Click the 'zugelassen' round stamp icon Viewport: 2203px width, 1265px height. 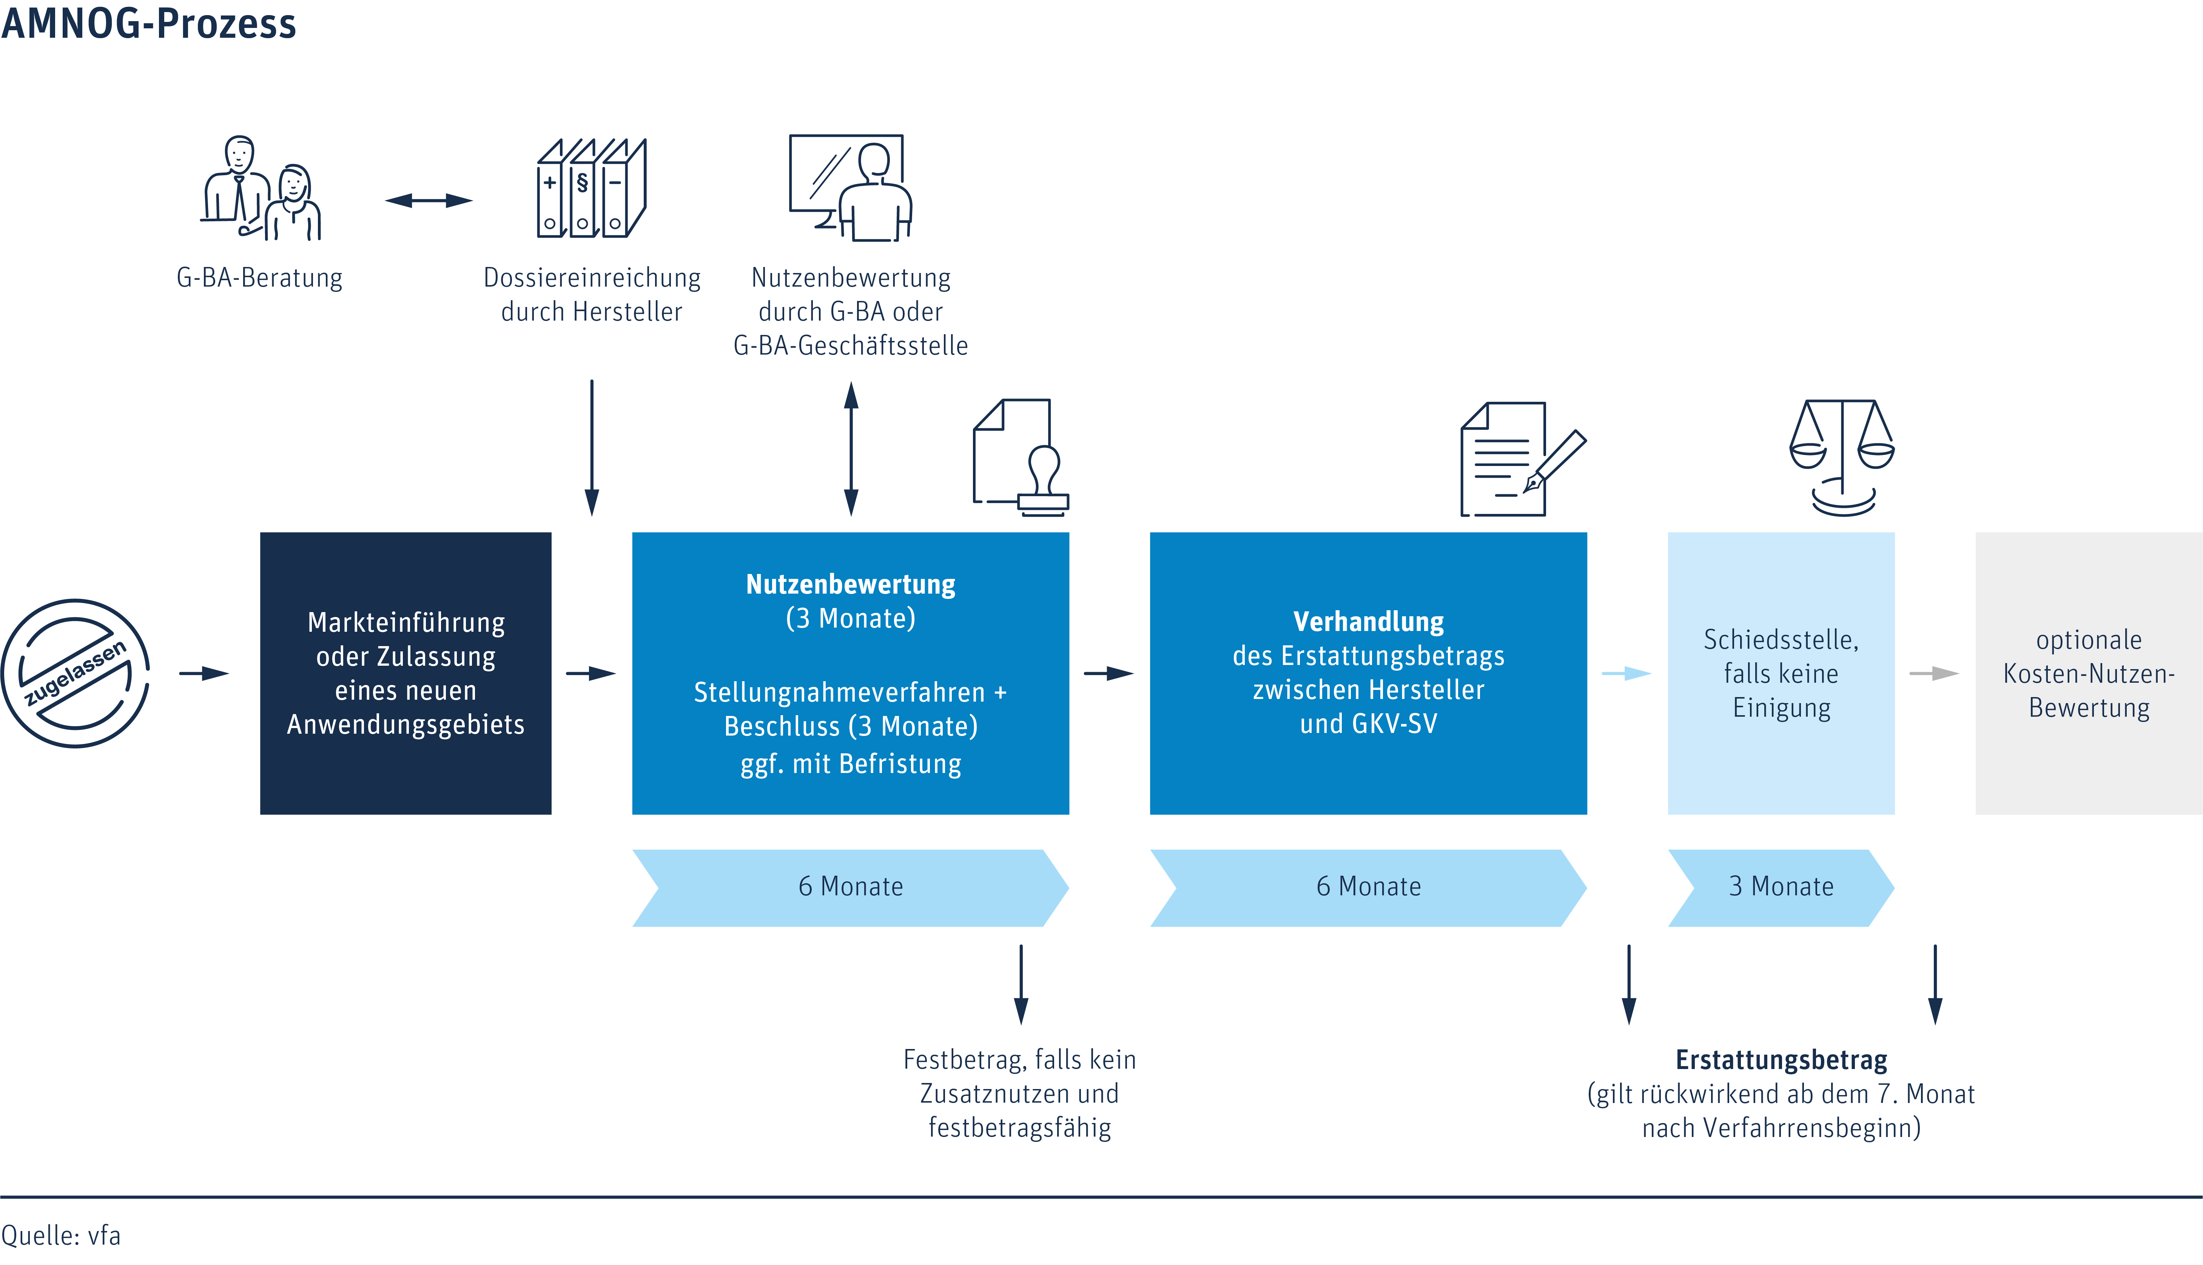pos(76,673)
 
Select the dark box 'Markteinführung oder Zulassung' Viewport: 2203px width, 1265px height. pos(406,673)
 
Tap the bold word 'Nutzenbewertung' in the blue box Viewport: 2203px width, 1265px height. pos(851,584)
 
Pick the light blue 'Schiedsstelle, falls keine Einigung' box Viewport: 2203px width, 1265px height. pos(1781,673)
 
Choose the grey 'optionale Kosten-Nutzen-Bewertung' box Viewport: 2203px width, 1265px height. pos(2088,673)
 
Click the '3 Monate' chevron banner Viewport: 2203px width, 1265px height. pos(1781,887)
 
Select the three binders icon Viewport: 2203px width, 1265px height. pos(592,188)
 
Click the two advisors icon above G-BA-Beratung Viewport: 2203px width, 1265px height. pos(261,188)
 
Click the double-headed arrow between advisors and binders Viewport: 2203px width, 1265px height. pos(429,201)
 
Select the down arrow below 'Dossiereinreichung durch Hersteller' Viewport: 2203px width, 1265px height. pos(592,447)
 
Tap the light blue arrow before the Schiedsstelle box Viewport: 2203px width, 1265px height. pos(1626,673)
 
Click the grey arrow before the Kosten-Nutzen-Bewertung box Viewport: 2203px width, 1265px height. pos(1934,673)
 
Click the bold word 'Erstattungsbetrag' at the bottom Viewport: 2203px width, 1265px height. pos(1781,1060)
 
